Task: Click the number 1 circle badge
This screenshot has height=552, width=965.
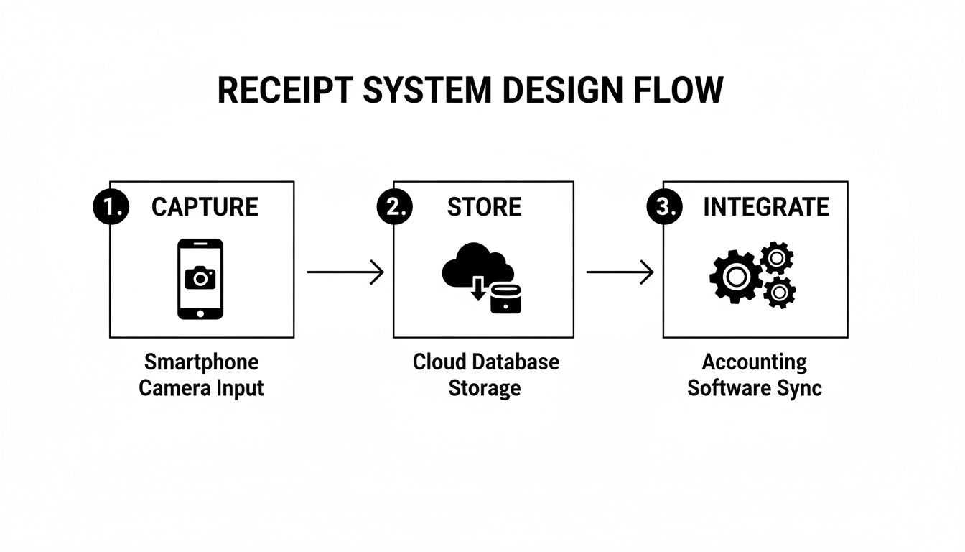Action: coord(111,207)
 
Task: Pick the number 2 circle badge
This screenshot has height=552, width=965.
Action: coord(394,207)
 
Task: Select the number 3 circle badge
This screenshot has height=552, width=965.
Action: coord(664,207)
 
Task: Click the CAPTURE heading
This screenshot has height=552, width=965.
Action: coord(205,207)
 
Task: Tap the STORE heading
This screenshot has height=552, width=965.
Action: coord(484,207)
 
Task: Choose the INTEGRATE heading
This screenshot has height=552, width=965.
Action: coord(765,207)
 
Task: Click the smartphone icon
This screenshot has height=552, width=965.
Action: coord(200,279)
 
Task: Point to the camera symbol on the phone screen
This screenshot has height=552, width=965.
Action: coord(200,277)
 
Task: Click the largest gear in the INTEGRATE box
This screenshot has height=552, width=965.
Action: coord(735,276)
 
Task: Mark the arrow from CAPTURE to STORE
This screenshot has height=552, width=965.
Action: coord(345,272)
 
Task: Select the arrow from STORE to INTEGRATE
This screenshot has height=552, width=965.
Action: coord(620,272)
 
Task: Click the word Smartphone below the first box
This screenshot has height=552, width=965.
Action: coord(201,362)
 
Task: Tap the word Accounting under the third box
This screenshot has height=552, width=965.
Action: coord(754,362)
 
